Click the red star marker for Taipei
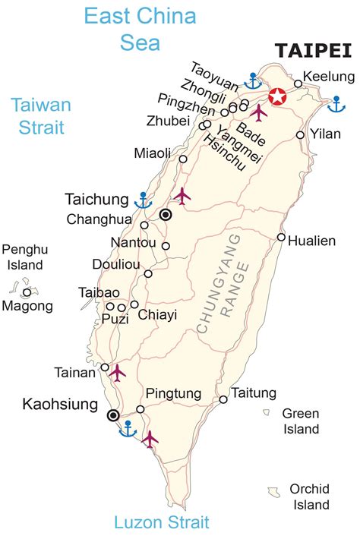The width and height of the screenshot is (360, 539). [x=278, y=96]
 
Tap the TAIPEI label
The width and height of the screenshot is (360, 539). [x=314, y=51]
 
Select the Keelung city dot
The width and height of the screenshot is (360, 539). [x=298, y=84]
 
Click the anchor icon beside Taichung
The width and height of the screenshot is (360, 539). [x=142, y=200]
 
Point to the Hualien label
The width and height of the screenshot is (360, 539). [x=312, y=241]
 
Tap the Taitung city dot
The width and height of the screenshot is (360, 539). [x=223, y=399]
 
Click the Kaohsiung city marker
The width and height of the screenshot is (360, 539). [x=113, y=415]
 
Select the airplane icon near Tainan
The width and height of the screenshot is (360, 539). [x=117, y=372]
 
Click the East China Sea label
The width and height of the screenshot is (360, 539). [x=140, y=29]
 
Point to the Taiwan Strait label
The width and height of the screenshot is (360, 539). [x=41, y=115]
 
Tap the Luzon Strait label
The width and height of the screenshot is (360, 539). [x=161, y=522]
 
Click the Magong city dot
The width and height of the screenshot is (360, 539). [x=27, y=292]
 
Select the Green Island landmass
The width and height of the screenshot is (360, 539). [x=267, y=413]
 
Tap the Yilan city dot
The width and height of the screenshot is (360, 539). [x=301, y=134]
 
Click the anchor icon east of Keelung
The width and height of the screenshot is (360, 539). [x=332, y=102]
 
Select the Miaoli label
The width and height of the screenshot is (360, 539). [x=153, y=153]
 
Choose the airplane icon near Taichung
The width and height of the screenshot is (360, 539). [x=182, y=196]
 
